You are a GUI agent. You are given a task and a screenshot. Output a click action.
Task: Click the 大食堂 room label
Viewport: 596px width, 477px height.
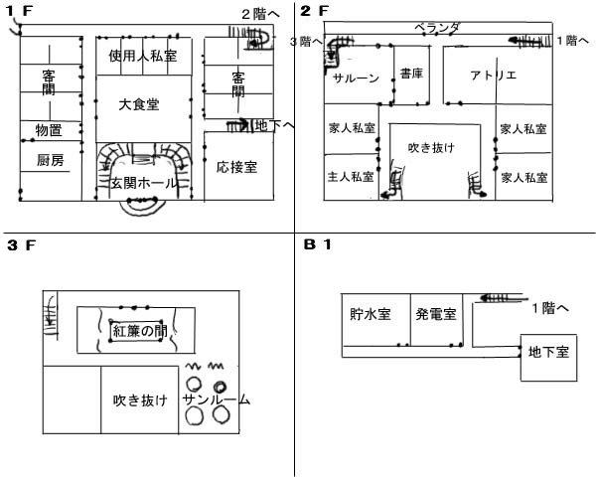point(138,103)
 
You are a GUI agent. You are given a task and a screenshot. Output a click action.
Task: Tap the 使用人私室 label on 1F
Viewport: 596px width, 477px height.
point(143,57)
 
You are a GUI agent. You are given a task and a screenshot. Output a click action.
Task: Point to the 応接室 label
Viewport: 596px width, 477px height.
point(237,167)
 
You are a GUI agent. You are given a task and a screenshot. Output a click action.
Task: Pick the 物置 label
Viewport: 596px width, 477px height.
point(49,130)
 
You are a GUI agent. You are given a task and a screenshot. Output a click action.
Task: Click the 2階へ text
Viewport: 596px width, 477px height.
point(262,13)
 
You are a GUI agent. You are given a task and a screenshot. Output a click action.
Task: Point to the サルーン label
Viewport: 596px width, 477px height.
point(355,79)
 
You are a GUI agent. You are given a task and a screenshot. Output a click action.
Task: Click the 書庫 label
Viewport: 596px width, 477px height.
point(412,74)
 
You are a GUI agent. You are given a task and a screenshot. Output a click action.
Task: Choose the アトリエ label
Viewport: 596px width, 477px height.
point(493,76)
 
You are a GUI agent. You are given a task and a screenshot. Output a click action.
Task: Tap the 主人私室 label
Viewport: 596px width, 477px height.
point(351,178)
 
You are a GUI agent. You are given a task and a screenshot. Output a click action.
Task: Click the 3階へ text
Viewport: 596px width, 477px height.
point(306,42)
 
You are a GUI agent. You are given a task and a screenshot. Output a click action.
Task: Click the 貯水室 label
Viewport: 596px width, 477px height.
point(371,314)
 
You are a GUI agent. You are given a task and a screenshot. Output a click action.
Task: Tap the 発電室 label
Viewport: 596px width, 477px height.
point(436,314)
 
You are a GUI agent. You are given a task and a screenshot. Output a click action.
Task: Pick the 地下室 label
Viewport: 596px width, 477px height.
point(547,351)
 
